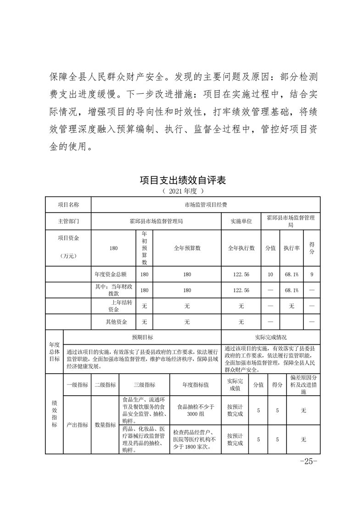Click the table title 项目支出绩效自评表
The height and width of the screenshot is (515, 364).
pyautogui.click(x=182, y=180)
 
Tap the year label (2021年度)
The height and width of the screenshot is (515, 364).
pyautogui.click(x=182, y=190)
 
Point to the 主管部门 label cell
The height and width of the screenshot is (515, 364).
pyautogui.click(x=68, y=221)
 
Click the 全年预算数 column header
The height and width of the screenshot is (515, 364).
pyautogui.click(x=187, y=248)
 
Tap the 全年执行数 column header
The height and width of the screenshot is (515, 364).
pyautogui.click(x=241, y=248)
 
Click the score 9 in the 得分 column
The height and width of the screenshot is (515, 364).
pyautogui.click(x=312, y=274)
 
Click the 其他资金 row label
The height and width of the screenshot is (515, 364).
pyautogui.click(x=116, y=322)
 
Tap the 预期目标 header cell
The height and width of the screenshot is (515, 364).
pyautogui.click(x=142, y=337)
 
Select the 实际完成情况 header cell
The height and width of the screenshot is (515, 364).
pyautogui.click(x=271, y=337)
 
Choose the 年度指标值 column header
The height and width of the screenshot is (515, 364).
pyautogui.click(x=196, y=385)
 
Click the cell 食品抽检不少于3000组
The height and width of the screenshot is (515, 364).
pyautogui.click(x=196, y=410)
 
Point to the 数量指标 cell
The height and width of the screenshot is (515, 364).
pyautogui.click(x=105, y=425)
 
